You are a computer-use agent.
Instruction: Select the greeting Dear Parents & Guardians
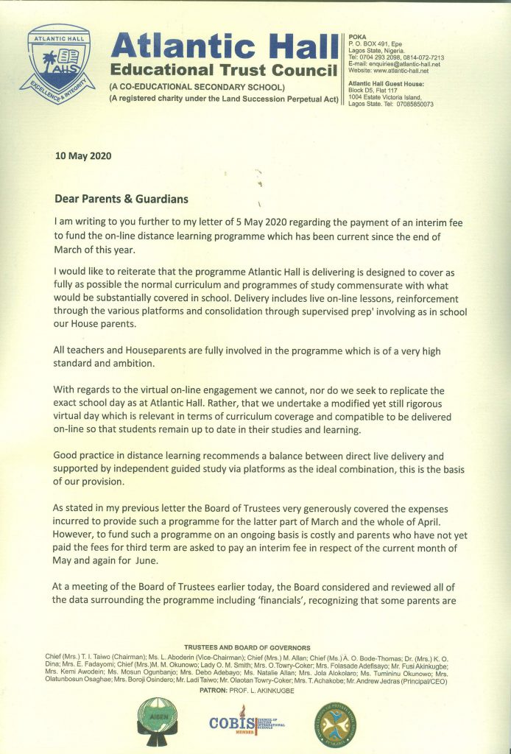tap(121, 199)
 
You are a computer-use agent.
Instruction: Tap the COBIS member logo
tap(247, 725)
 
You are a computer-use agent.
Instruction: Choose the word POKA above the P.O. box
tap(356, 36)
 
